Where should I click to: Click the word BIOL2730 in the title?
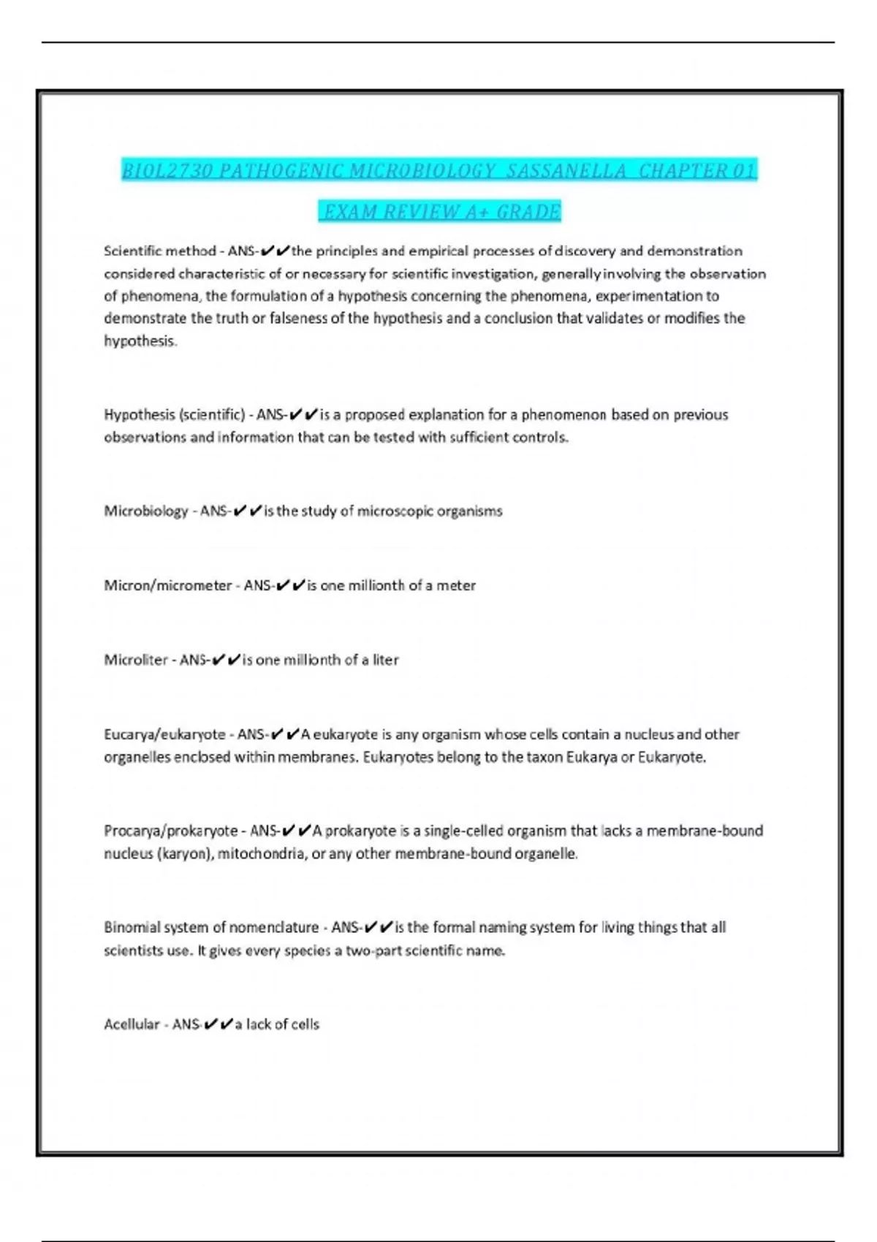coord(167,171)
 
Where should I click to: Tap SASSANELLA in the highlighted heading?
coord(566,171)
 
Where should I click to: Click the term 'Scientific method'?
coord(159,251)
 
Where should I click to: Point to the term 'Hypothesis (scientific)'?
coord(174,415)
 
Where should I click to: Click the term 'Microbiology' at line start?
coord(145,511)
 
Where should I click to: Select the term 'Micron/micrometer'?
coord(167,586)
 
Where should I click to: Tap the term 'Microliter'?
coord(135,660)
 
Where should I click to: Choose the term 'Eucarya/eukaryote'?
coord(164,735)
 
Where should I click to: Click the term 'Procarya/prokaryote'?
coord(170,831)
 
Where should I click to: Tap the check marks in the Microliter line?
coord(226,660)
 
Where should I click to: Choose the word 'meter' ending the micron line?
coord(456,586)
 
